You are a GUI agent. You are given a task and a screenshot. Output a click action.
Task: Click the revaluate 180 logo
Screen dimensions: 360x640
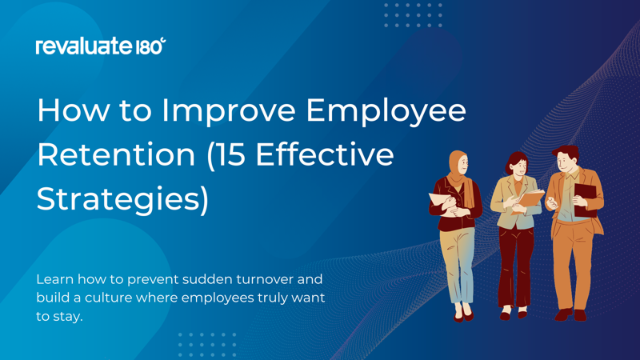click(x=101, y=46)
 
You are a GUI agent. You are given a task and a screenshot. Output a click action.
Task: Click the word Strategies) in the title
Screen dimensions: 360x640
click(x=122, y=198)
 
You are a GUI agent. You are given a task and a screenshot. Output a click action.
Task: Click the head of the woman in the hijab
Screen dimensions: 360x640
click(x=459, y=165)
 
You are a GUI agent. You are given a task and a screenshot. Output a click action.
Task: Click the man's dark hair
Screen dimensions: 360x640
click(x=567, y=152)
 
